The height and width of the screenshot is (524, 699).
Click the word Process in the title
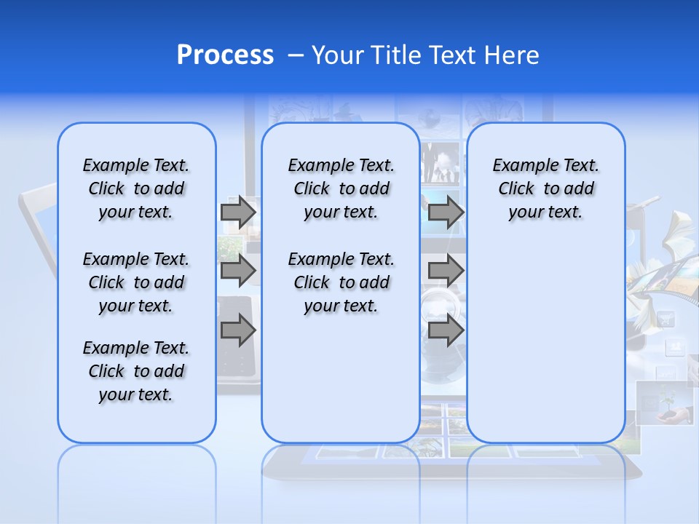coord(225,55)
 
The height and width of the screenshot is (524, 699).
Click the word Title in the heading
coord(396,55)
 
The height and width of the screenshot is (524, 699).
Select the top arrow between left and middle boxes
coord(238,212)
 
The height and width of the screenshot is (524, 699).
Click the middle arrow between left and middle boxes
coord(238,271)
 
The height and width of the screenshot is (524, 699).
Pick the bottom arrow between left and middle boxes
coord(238,330)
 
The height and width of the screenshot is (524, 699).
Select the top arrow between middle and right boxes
coord(446,212)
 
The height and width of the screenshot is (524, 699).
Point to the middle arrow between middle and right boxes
coord(446,271)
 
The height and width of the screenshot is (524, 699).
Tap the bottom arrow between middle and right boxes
coord(446,330)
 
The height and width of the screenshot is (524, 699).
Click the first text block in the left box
coord(136,188)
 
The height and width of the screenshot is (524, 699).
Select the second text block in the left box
coord(136,282)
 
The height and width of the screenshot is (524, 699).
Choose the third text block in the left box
coord(136,371)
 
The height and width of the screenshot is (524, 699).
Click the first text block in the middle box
coord(341,188)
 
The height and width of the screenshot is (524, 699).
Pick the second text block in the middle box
coord(341,282)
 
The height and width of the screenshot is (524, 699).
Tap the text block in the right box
coord(545,188)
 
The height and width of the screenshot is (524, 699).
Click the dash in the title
coord(296,55)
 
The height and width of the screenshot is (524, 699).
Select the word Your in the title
coord(337,55)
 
